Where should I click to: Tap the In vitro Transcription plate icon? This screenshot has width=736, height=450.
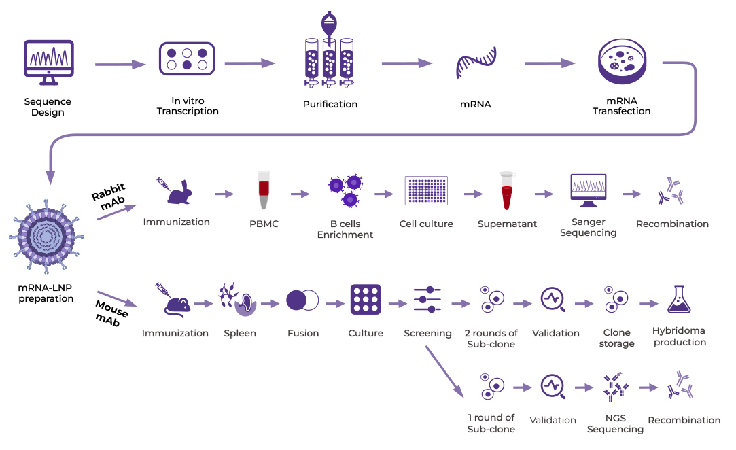187,58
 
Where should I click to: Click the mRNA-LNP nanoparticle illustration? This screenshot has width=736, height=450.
46,235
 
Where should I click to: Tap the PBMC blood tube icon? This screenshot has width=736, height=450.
263,190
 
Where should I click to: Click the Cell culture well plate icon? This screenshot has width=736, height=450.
426,190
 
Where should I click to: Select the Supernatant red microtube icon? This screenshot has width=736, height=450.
507,190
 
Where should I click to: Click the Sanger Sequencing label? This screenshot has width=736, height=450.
588,227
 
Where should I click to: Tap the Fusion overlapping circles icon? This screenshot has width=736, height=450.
302,300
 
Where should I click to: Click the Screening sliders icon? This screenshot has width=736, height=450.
427,300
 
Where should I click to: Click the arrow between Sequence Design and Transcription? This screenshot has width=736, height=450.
120,65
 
